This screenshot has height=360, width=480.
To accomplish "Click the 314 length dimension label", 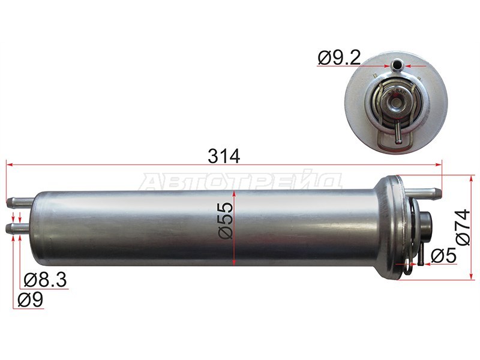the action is (224, 156).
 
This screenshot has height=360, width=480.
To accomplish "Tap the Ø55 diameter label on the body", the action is (226, 220).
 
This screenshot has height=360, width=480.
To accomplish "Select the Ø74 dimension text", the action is (462, 227).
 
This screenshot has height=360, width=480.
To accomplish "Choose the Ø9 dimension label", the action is (31, 299).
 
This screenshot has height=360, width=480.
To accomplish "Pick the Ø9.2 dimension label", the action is (339, 58).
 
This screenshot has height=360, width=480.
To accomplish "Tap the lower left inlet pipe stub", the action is (17, 227).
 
